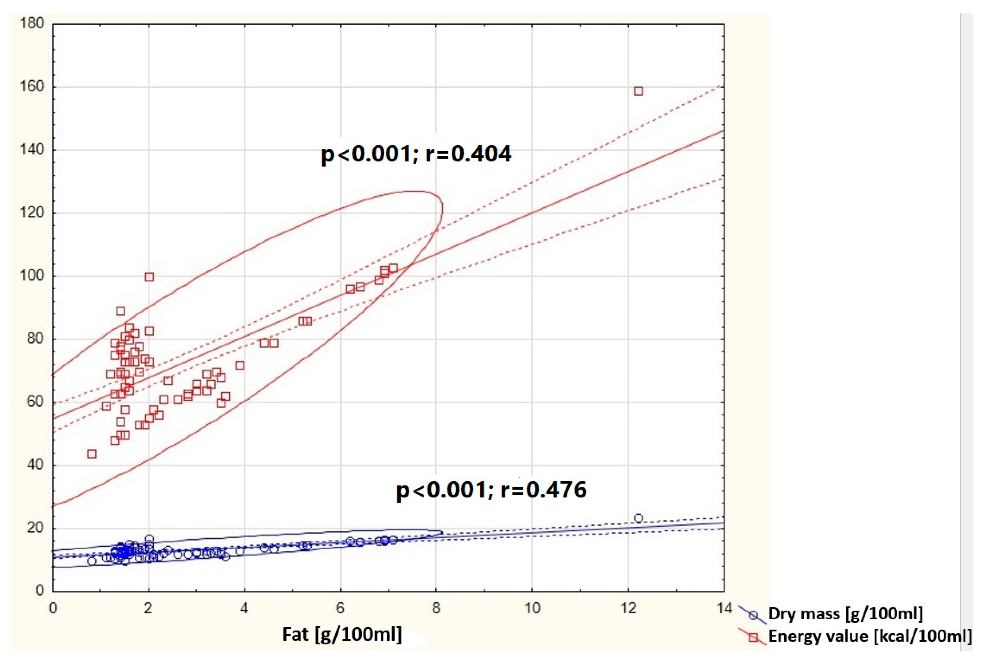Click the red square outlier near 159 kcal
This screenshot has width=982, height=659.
click(638, 91)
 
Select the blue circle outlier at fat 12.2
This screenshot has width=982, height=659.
click(638, 518)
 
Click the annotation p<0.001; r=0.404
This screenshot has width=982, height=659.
click(416, 154)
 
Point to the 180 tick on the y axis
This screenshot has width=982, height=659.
click(32, 24)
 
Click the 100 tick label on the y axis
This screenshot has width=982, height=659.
click(32, 276)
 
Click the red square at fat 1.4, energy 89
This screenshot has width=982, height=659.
click(121, 311)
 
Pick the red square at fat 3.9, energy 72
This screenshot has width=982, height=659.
click(239, 366)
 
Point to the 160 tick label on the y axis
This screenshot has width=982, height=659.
click(32, 87)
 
